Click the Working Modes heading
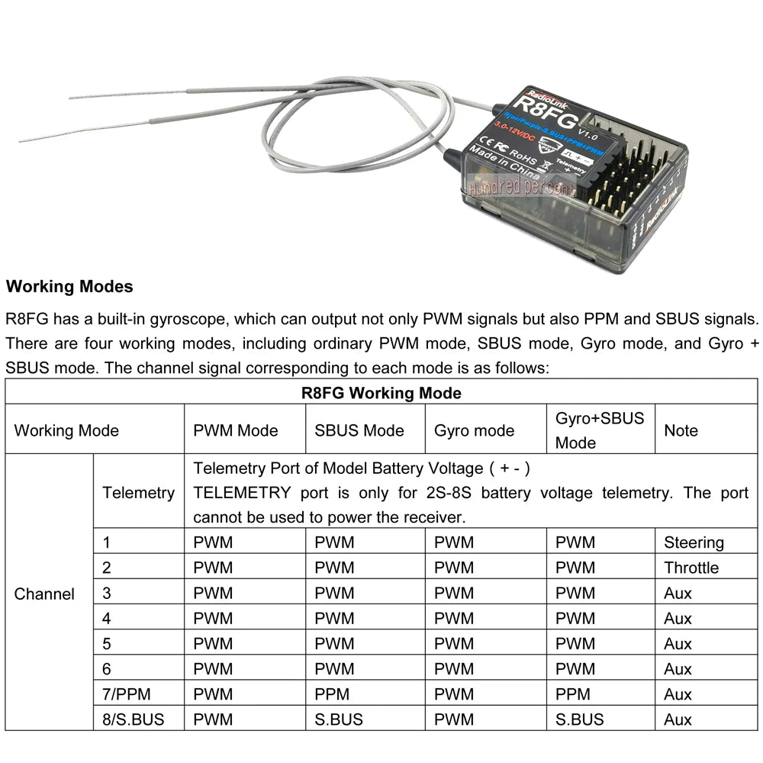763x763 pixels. (x=69, y=287)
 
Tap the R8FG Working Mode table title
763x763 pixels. (x=381, y=394)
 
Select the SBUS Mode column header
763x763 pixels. (x=359, y=430)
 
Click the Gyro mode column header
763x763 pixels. (x=474, y=430)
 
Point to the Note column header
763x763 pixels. (x=681, y=430)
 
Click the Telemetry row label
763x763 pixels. (x=138, y=493)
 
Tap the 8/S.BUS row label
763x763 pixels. (x=133, y=720)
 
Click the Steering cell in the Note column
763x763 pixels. (x=694, y=543)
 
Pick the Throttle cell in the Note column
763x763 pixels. (x=691, y=568)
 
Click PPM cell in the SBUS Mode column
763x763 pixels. (x=332, y=694)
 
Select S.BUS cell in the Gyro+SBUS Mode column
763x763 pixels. (x=579, y=720)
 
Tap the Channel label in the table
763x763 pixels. (x=44, y=594)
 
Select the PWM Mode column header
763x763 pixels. (x=236, y=430)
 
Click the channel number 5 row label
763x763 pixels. (x=107, y=644)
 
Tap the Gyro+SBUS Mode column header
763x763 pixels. (x=599, y=430)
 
